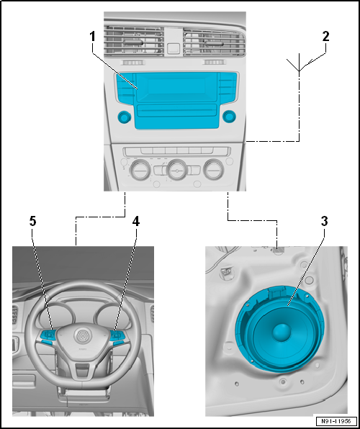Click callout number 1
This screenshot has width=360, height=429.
coord(93,37)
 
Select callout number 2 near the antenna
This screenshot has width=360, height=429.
coord(325,37)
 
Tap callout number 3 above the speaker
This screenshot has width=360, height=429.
coord(325,222)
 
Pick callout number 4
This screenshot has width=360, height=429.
coord(136,222)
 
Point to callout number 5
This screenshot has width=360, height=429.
coord(33,222)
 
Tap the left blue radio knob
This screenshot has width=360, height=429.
coord(125,117)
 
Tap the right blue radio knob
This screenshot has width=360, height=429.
coord(230,117)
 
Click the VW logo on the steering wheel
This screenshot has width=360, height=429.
coord(81,335)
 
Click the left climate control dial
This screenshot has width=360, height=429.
coord(140,170)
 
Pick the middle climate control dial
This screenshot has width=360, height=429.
coord(177,170)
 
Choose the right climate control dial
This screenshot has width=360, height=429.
coord(214,170)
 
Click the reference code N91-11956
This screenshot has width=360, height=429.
coord(337,421)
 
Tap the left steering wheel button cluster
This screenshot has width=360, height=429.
coord(48,337)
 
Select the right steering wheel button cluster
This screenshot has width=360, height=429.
coord(117,337)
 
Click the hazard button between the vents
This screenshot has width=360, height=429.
coord(174,48)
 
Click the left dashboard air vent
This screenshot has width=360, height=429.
coord(134,41)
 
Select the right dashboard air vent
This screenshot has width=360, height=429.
coord(215,42)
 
